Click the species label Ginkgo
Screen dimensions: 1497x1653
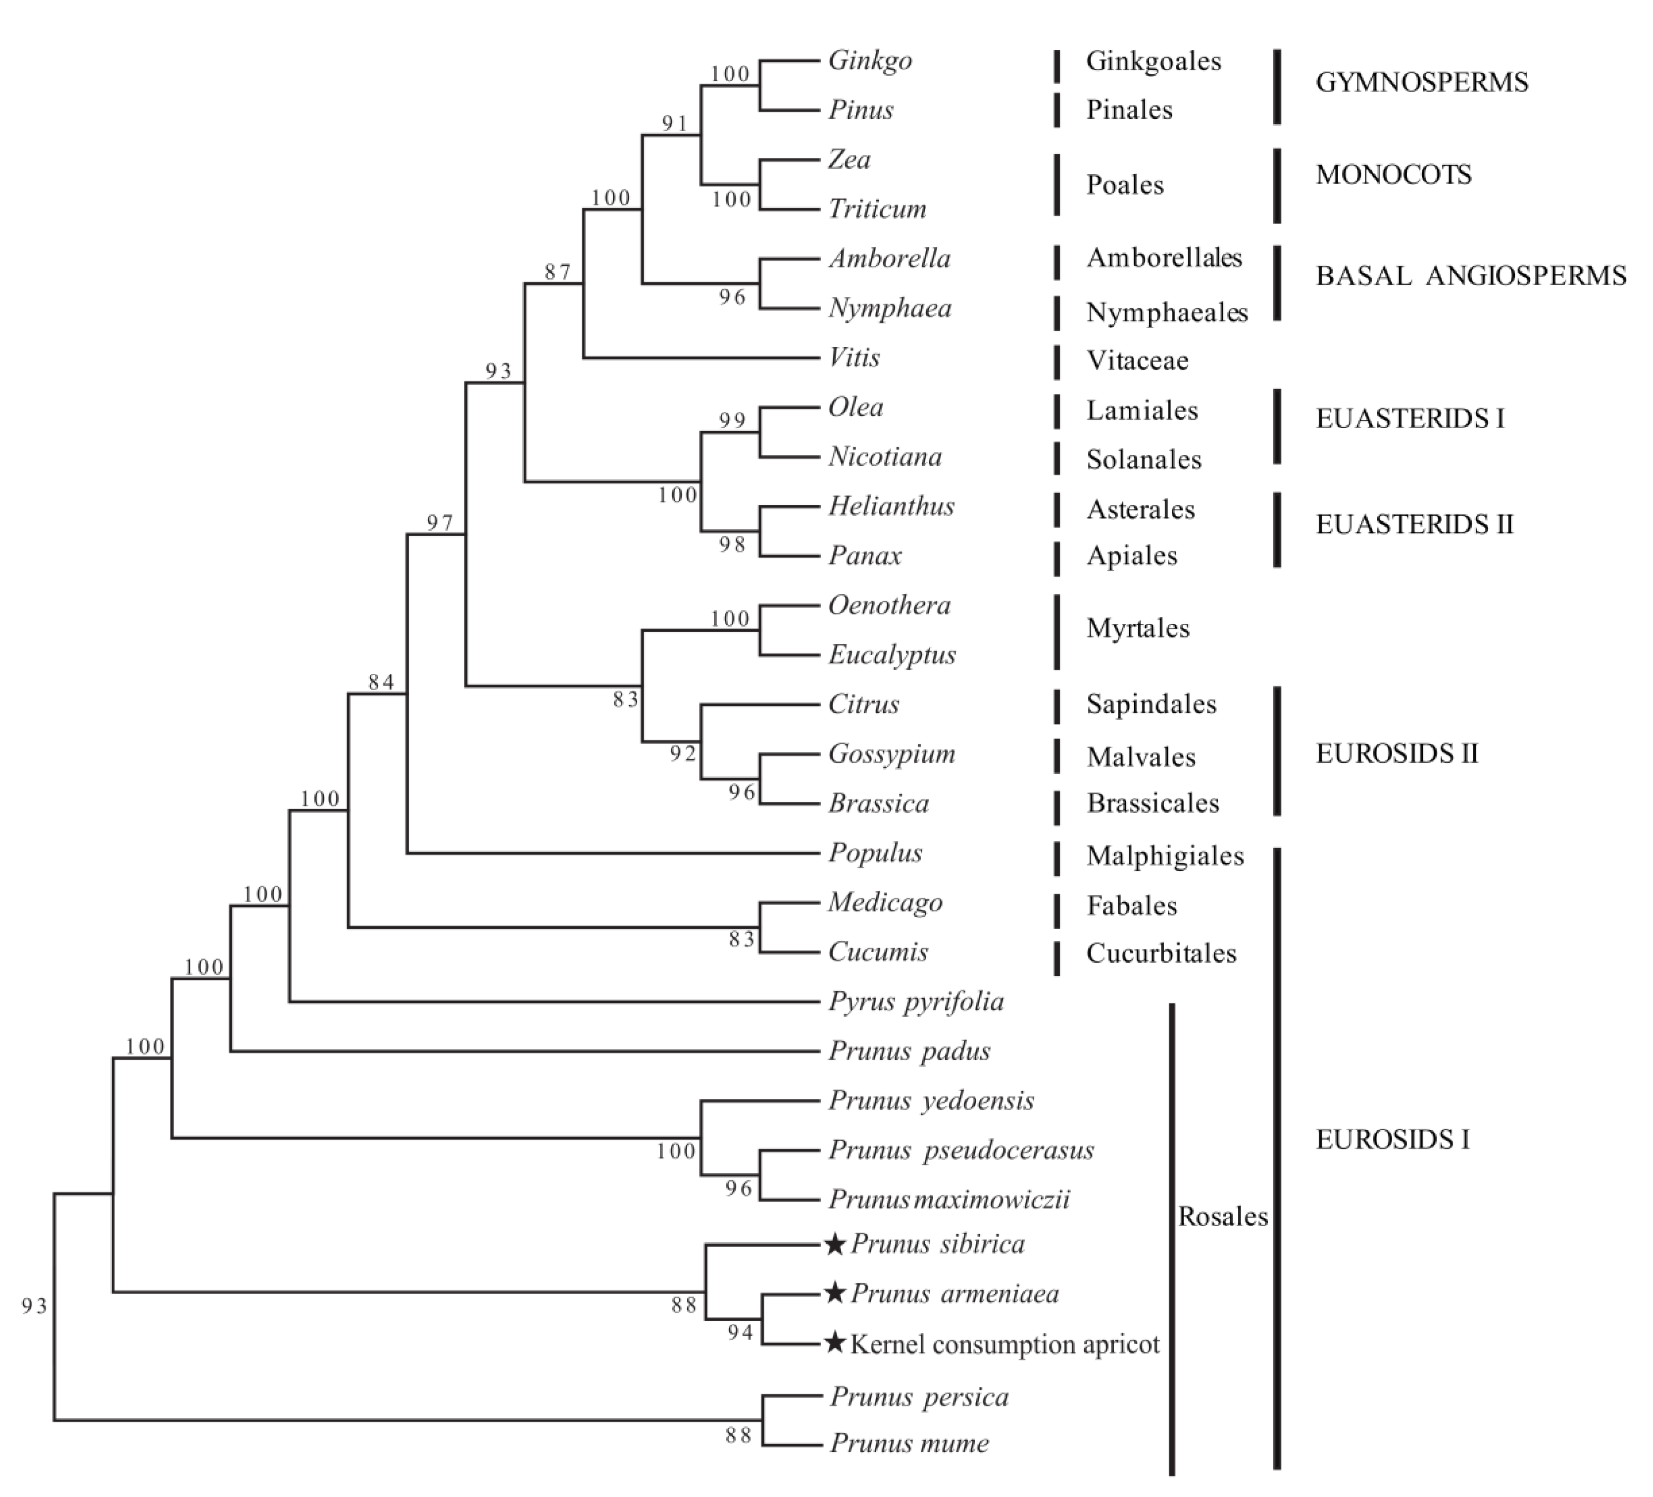869,61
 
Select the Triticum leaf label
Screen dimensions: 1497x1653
877,209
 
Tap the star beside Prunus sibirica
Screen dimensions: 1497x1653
834,1245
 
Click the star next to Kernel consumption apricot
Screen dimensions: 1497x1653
834,1343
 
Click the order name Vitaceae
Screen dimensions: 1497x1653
1137,361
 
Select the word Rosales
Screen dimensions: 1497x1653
1222,1217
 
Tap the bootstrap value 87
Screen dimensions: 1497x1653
557,271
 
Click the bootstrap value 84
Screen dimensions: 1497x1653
381,682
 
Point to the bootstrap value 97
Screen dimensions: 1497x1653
440,522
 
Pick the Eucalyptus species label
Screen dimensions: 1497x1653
891,655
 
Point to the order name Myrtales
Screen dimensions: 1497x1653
1137,629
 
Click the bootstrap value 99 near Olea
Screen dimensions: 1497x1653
732,421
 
